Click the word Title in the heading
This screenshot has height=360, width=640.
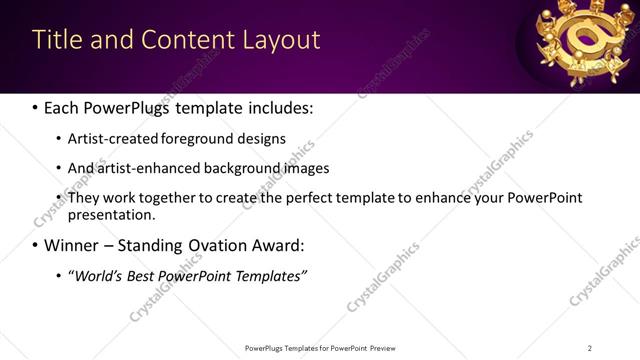pos(56,40)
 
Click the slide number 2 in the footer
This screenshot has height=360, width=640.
pos(590,347)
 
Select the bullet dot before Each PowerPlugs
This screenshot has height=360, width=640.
pos(36,108)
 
